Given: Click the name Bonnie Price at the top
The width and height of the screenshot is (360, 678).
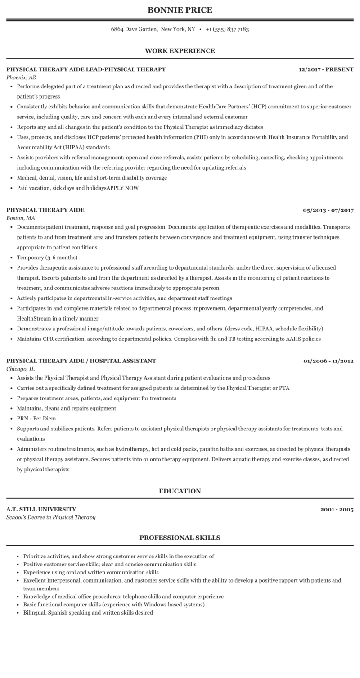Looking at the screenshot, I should (x=180, y=10).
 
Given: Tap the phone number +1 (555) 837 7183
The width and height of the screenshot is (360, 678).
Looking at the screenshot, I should (x=227, y=29).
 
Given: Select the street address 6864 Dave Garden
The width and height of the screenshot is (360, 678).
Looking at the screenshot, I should (x=134, y=29).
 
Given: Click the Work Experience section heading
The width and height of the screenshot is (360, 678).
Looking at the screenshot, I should (x=180, y=51).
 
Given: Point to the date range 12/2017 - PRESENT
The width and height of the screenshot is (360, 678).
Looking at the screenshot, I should (x=326, y=69).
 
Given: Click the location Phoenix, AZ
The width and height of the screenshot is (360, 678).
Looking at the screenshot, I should (x=21, y=77).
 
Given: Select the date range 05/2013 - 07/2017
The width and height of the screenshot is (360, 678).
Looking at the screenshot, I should (x=328, y=210).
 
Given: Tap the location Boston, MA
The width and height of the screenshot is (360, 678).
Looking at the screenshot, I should (x=21, y=218).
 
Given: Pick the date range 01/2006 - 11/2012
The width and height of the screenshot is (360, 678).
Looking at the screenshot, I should (x=328, y=361).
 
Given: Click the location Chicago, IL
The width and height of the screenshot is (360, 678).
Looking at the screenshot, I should (x=21, y=369).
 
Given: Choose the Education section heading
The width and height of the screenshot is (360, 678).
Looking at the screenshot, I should (x=180, y=491).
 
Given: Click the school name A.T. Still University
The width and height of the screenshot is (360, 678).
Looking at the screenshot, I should (x=41, y=509).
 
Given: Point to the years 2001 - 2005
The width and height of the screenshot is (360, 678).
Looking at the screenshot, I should (x=337, y=510).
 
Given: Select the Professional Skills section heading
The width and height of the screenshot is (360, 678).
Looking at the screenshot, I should (x=180, y=538).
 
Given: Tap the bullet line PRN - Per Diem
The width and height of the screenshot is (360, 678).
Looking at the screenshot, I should (x=36, y=419).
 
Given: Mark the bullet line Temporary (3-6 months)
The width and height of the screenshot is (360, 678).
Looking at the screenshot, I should (x=47, y=258).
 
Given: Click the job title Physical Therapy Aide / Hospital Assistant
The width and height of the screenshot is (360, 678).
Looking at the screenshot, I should (x=81, y=361).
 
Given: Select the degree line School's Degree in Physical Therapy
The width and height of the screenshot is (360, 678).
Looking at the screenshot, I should (x=51, y=517).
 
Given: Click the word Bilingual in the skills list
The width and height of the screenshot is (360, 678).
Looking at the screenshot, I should (x=34, y=613).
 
